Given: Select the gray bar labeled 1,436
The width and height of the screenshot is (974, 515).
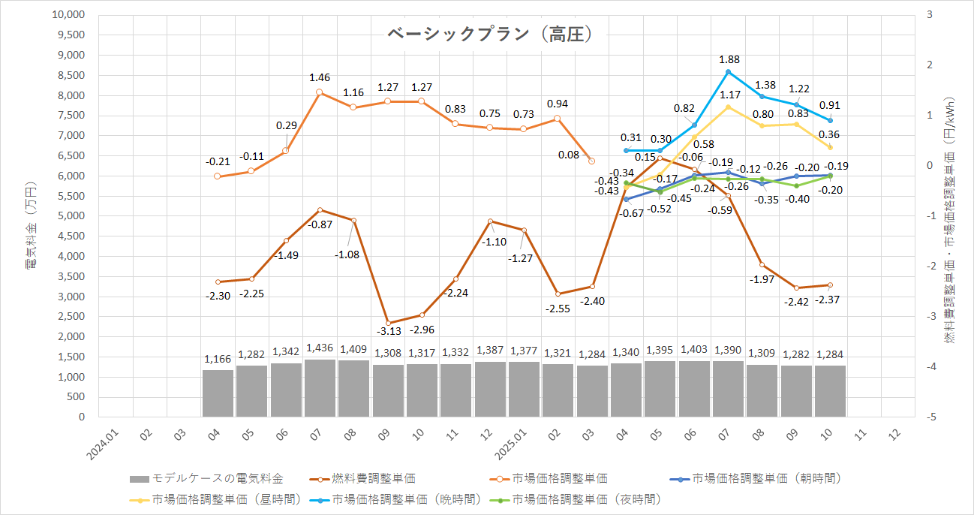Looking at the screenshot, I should tap(320, 388).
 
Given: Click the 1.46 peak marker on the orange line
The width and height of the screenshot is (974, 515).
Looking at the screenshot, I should tap(320, 92).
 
